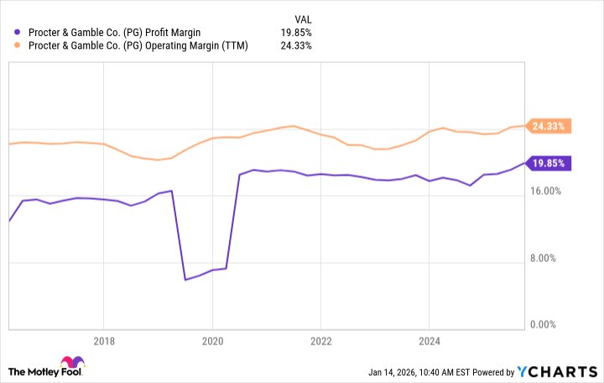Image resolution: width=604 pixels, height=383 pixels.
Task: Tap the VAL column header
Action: click(302, 17)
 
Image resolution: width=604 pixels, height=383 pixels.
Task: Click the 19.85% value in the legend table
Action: click(296, 31)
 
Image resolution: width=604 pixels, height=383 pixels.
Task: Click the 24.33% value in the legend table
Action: click(296, 45)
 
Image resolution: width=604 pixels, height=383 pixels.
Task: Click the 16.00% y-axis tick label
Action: click(550, 191)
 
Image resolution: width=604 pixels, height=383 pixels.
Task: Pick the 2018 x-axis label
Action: click(103, 342)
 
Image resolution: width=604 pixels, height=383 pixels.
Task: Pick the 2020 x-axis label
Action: click(212, 342)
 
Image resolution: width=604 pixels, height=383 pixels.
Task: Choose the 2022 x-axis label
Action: click(320, 342)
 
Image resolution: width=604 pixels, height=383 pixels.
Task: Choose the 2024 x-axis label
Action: click(429, 342)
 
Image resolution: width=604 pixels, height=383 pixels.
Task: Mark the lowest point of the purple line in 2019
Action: click(185, 279)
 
